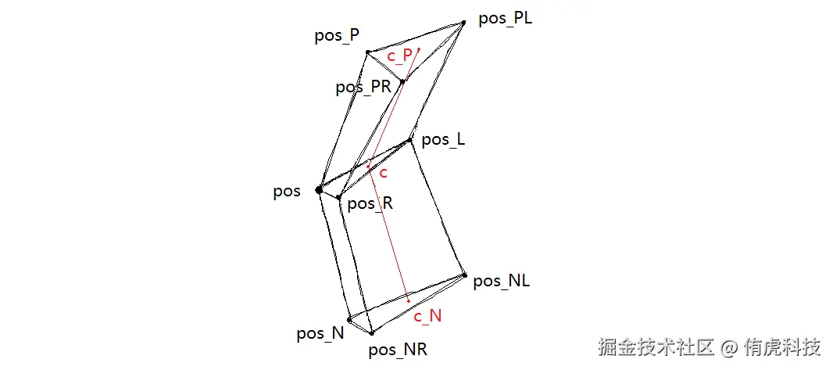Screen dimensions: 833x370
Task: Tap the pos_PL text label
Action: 505,18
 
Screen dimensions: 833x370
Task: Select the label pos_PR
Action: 363,87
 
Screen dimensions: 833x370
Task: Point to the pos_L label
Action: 443,140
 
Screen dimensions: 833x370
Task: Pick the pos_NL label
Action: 502,281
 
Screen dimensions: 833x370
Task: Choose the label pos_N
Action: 320,333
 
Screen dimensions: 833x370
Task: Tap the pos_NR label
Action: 397,350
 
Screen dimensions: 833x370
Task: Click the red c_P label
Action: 400,56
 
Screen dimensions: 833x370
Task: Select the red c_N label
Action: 427,316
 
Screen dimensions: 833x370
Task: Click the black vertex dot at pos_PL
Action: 463,22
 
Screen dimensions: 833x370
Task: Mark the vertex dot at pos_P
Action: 367,52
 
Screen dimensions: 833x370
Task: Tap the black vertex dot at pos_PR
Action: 402,81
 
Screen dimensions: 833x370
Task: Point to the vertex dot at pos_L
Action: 411,141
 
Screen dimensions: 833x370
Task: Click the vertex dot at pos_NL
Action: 464,275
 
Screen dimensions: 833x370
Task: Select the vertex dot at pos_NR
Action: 371,333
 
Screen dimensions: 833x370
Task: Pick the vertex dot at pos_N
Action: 349,319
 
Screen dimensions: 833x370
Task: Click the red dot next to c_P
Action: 419,49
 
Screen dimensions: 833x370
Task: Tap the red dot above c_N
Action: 408,301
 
